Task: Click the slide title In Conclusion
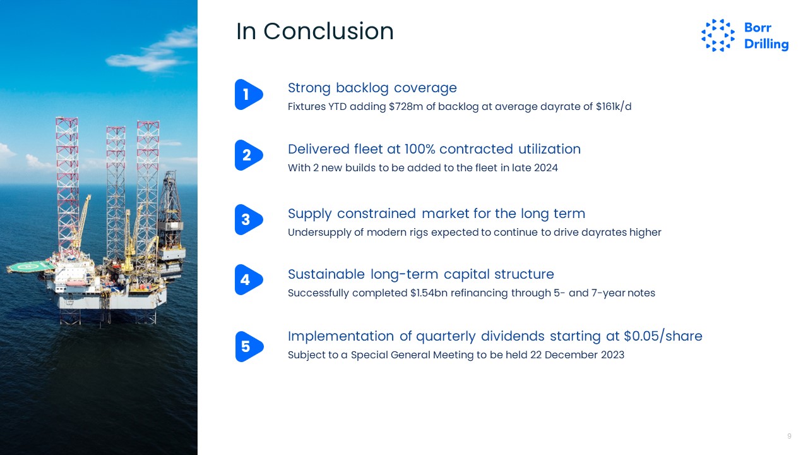(315, 31)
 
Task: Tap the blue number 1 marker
(249, 94)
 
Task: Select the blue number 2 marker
(249, 155)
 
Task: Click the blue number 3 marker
(249, 219)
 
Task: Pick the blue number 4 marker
(249, 279)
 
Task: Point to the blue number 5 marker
(249, 347)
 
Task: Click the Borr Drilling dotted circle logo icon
(718, 35)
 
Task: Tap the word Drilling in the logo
(766, 44)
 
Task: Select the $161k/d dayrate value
(614, 107)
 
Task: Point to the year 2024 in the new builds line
(546, 168)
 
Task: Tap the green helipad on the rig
(30, 267)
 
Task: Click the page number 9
(789, 436)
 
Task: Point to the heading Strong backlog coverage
(372, 88)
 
